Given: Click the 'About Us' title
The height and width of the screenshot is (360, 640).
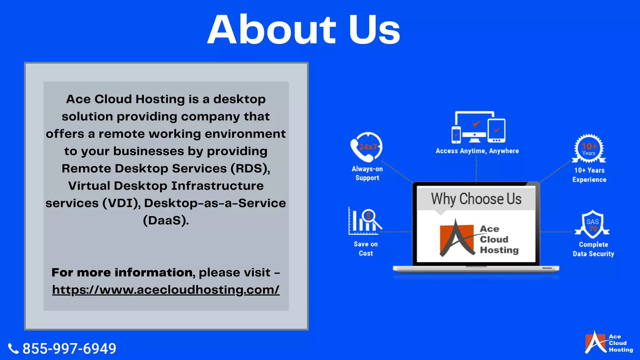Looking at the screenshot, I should [x=304, y=30].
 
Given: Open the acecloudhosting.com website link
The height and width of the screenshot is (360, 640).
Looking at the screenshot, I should [x=166, y=290].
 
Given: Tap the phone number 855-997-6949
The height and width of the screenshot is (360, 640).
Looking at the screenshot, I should [x=69, y=348].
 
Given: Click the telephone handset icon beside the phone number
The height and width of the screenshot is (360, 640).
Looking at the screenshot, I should [x=13, y=348].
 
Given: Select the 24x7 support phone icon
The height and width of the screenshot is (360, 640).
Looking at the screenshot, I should [x=367, y=147].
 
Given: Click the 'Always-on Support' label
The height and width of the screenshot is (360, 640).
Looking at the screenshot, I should [x=367, y=173].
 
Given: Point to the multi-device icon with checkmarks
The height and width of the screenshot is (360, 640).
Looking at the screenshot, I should [x=478, y=127].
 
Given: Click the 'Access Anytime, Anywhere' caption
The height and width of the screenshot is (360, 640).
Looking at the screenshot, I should [x=477, y=151].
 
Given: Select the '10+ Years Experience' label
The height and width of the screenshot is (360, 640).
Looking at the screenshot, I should [x=589, y=175].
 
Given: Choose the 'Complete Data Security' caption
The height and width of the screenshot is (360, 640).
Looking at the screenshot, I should [x=593, y=249].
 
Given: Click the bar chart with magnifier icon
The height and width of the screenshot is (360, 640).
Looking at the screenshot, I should [x=365, y=221].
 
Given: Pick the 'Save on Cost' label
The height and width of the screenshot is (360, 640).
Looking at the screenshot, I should [x=366, y=248].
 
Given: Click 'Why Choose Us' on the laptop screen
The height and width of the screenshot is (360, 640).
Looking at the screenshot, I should [x=476, y=199].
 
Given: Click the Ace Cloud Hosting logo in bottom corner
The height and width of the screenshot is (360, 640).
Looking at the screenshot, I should [x=609, y=343].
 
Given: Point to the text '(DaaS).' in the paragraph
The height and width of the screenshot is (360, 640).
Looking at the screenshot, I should [x=166, y=220].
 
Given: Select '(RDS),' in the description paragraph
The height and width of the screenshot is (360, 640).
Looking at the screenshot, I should [x=250, y=168].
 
